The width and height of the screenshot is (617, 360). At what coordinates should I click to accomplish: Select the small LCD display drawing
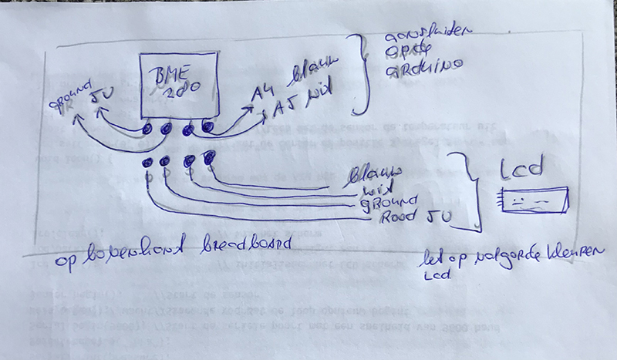point(534,201)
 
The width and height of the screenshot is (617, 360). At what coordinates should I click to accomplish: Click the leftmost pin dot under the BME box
point(147,130)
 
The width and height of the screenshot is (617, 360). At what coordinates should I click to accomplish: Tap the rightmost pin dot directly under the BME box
point(206,125)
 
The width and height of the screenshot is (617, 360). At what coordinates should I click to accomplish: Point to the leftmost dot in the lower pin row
point(147,163)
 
